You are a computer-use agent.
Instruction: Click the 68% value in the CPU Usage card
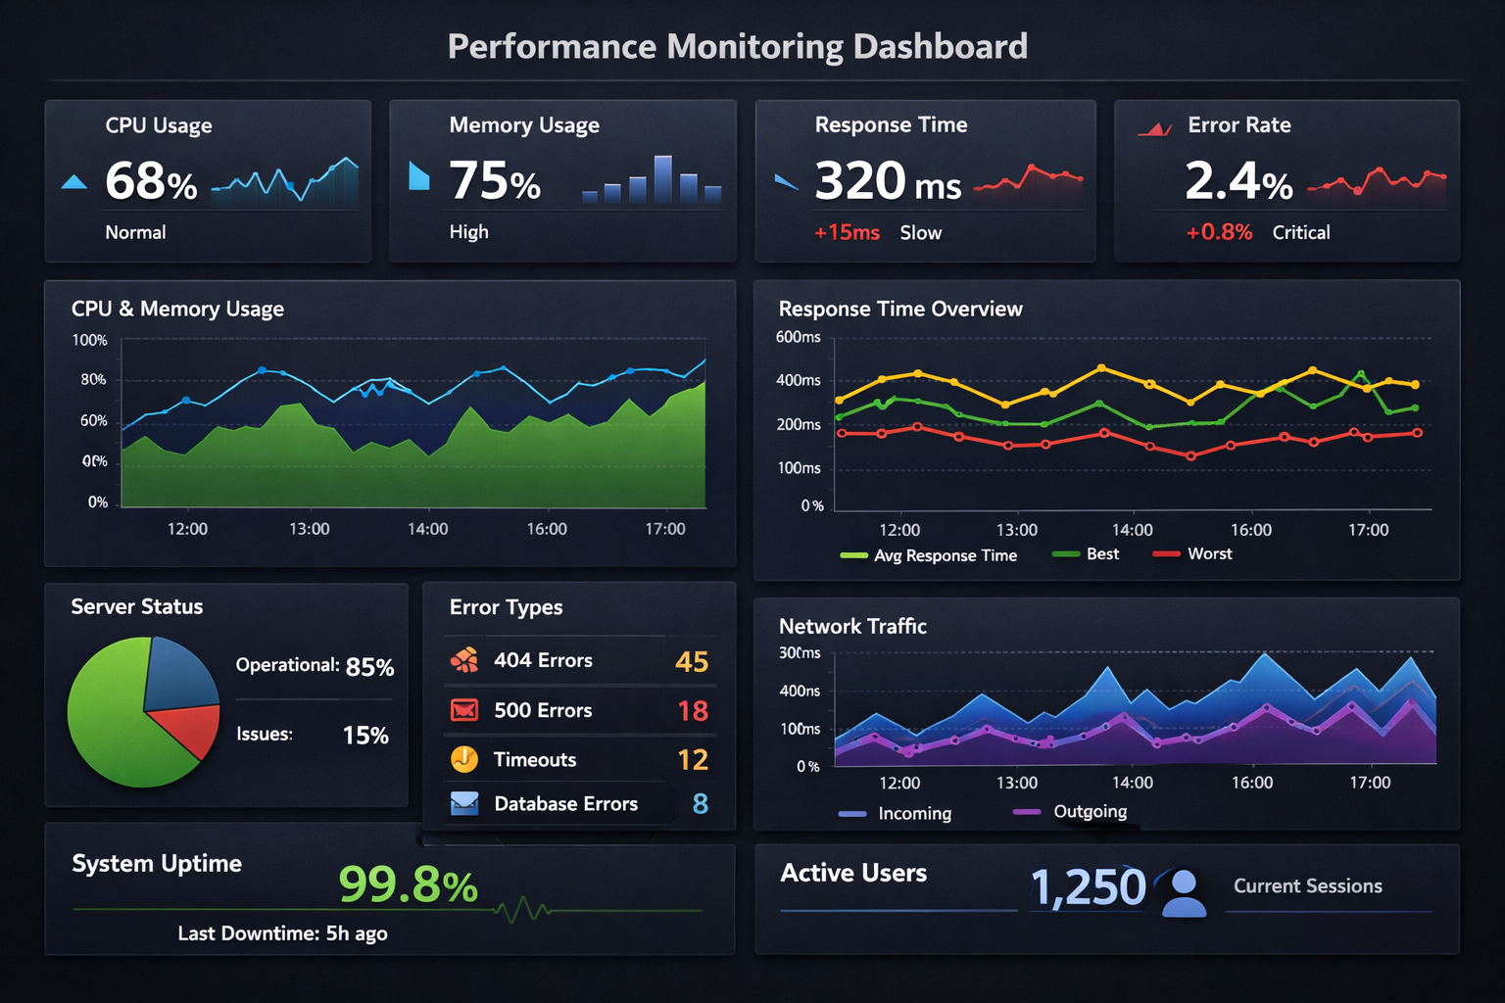point(151,181)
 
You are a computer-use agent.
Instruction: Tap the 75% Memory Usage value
point(495,181)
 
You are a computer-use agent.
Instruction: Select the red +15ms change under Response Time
point(847,233)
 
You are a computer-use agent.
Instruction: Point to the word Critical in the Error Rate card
point(1301,233)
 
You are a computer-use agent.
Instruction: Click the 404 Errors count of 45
point(692,662)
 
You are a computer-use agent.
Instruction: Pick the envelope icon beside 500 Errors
point(464,710)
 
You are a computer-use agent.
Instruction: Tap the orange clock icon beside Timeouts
point(464,759)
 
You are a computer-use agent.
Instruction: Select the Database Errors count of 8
point(701,804)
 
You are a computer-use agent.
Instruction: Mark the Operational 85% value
point(369,667)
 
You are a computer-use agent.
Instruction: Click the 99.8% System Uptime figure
point(408,885)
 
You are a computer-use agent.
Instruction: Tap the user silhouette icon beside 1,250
point(1184,892)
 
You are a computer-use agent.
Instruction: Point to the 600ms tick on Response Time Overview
point(799,338)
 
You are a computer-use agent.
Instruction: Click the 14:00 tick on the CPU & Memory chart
point(428,529)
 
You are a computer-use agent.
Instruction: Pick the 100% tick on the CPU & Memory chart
point(90,341)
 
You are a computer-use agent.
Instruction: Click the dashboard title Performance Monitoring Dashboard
point(738,46)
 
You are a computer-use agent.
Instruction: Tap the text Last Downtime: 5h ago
point(282,933)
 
